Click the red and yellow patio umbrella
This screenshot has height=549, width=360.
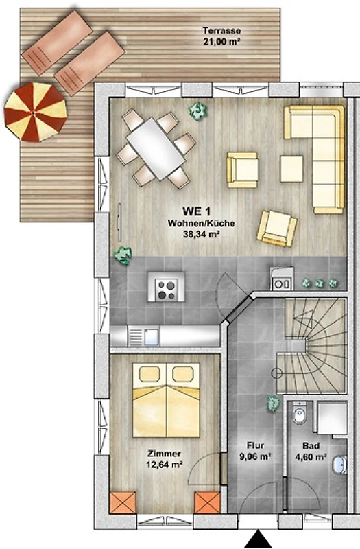point(36,112)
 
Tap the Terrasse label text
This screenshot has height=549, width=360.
point(221,31)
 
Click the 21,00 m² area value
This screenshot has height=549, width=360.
point(221,41)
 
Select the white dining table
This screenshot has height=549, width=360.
point(156,149)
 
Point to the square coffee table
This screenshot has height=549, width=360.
point(291,169)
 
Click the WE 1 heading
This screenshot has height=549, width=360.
point(196,211)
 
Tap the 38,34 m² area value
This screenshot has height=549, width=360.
point(201,234)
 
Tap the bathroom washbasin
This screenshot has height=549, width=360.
point(339,465)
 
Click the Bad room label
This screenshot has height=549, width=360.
point(311,446)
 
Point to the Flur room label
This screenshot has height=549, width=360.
point(255,445)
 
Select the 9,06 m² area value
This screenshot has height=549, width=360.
point(255,456)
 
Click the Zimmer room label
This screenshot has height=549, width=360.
point(164,454)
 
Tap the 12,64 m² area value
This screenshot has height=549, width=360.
point(164,465)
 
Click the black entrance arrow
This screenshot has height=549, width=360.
point(259,539)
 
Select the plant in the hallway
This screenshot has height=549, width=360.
point(273,403)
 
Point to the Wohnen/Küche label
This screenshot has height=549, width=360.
point(201,223)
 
